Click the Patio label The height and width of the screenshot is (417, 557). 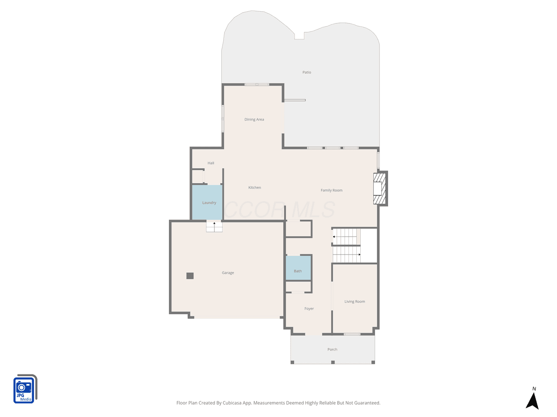[306, 72]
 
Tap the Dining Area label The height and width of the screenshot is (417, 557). [254, 119]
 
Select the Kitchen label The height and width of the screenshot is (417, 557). [254, 187]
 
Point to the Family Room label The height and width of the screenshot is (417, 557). [331, 190]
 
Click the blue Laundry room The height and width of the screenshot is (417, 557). [207, 202]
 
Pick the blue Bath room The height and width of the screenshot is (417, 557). [298, 268]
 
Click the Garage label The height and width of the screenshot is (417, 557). [228, 273]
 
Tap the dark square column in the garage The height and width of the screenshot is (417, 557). [190, 276]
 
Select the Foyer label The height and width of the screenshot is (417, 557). [309, 308]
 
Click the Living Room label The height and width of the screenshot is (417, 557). [355, 301]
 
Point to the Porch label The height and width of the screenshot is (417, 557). [332, 349]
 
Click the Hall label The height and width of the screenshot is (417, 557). [211, 163]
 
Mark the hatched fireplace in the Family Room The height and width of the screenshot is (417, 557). [379, 189]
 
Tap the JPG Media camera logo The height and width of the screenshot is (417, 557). [25, 389]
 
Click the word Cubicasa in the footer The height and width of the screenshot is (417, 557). [232, 403]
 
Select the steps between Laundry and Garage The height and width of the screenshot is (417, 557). [214, 227]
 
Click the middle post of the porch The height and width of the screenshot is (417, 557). [333, 362]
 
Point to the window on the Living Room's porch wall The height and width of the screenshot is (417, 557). [352, 334]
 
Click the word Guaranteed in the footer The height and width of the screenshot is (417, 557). [368, 403]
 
